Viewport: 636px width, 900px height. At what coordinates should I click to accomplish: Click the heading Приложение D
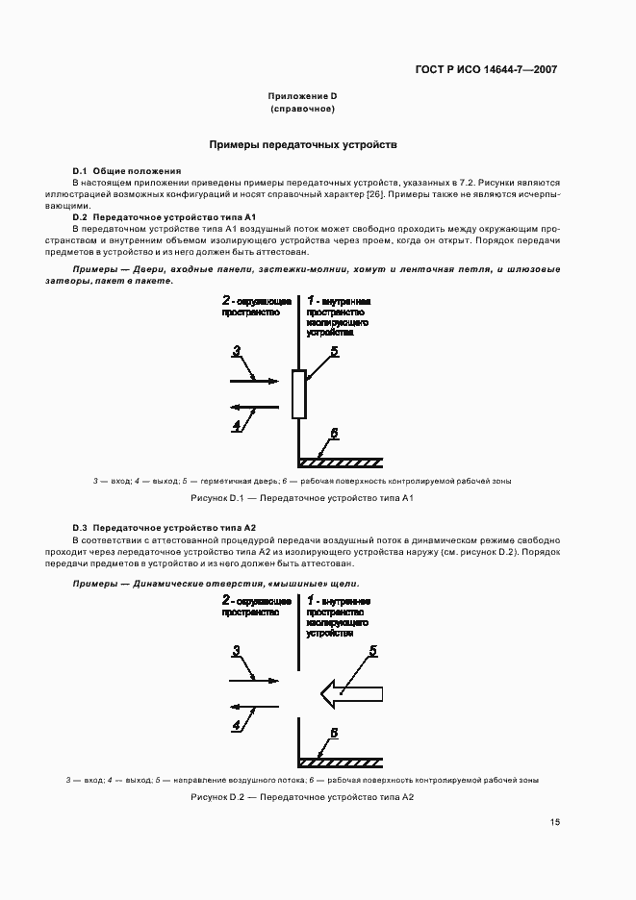(302, 96)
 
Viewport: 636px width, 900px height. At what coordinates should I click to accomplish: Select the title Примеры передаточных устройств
(303, 144)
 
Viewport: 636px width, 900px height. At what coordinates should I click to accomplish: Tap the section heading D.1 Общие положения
(127, 170)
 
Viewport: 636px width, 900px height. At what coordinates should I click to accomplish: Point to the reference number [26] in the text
(373, 194)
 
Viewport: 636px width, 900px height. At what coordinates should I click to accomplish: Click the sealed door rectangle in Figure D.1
(298, 394)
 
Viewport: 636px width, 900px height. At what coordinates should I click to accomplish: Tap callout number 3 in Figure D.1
(236, 353)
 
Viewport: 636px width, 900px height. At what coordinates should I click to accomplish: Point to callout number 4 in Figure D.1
(236, 423)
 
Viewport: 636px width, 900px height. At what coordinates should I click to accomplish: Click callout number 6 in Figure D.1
(334, 435)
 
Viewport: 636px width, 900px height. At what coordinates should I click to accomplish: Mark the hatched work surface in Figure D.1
(342, 462)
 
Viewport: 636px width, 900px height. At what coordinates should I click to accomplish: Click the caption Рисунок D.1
(302, 498)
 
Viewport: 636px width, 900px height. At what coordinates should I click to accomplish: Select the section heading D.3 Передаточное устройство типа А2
(165, 528)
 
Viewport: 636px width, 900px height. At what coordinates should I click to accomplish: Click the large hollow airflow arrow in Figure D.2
(351, 692)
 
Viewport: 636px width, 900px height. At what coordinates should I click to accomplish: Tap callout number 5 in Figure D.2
(372, 651)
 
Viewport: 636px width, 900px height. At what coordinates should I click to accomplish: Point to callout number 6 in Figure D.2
(334, 733)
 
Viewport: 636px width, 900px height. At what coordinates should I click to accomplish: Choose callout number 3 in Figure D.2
(236, 651)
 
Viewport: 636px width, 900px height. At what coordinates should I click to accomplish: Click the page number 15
(555, 822)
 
